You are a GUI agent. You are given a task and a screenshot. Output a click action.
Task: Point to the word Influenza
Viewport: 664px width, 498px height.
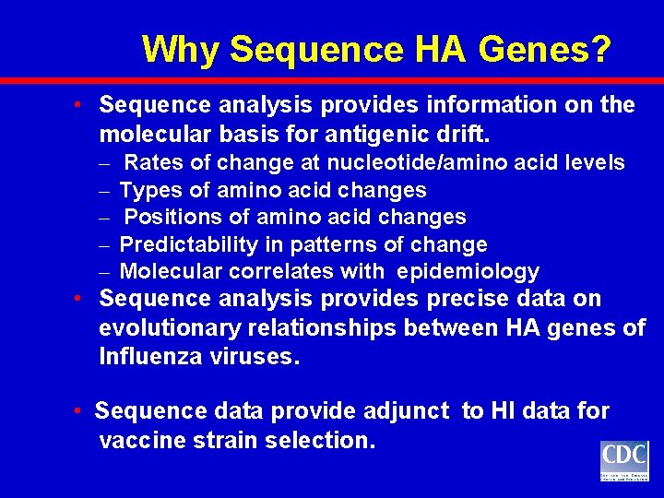click(x=148, y=357)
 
